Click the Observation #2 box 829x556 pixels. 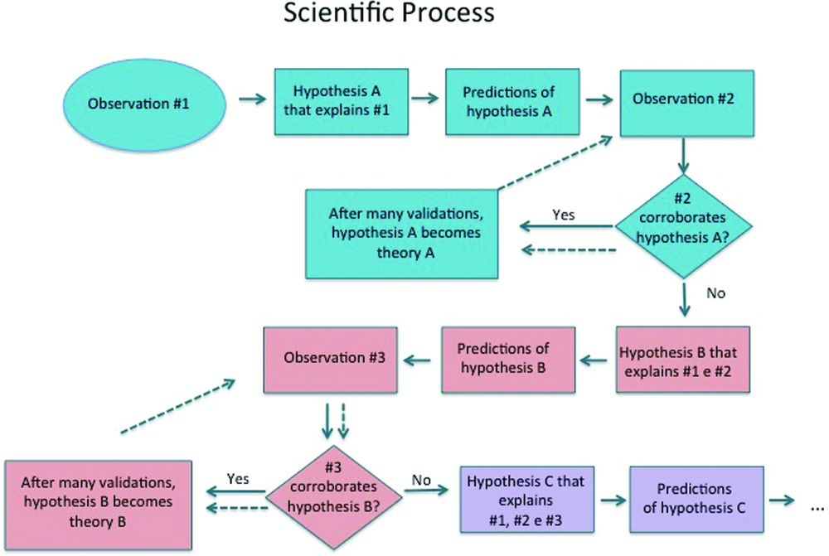point(685,99)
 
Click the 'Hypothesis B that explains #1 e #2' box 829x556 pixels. point(683,360)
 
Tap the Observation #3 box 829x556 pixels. point(329,360)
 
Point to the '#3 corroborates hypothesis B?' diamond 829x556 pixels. point(335,494)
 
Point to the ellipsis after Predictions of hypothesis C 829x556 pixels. point(814,503)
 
